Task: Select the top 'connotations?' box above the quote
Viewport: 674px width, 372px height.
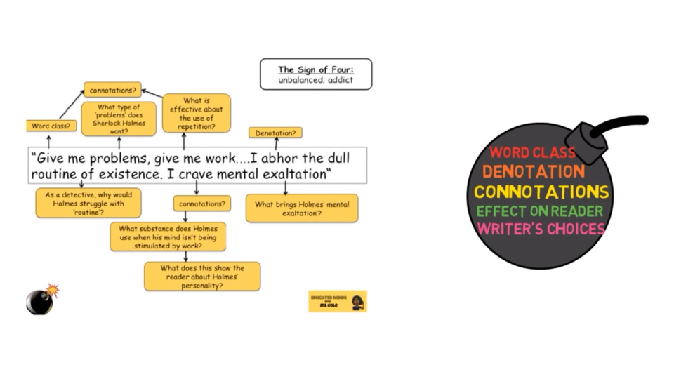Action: pos(112,90)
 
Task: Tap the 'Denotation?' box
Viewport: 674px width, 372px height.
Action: pos(275,133)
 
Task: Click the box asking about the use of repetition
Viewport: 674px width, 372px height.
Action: pos(197,113)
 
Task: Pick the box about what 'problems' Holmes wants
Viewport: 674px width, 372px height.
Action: pos(119,119)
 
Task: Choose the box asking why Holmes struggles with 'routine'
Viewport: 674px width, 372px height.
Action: pos(88,202)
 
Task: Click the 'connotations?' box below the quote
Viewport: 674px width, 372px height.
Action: pos(202,203)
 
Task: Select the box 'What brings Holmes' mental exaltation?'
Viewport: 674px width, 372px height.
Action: pos(301,208)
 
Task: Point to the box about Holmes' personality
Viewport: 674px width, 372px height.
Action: pos(202,277)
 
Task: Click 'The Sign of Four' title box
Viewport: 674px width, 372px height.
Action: pos(315,74)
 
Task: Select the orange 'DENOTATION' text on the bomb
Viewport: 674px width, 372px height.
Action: pos(533,172)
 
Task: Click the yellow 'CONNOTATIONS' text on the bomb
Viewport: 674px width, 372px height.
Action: pos(541,192)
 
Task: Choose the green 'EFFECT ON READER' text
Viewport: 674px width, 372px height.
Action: pos(540,211)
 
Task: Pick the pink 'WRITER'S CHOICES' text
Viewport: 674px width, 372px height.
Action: pos(541,229)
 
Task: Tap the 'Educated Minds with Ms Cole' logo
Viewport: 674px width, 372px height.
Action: pos(338,301)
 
